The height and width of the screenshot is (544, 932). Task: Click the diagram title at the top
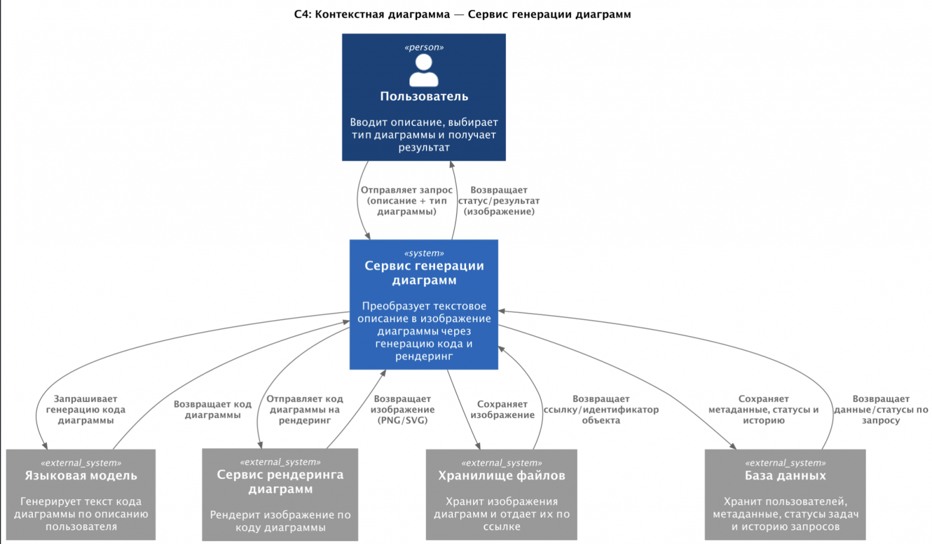click(x=462, y=14)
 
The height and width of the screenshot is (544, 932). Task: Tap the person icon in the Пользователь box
click(x=424, y=70)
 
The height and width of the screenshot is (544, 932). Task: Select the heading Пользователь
click(x=424, y=96)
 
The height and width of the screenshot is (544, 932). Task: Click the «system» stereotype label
click(x=424, y=253)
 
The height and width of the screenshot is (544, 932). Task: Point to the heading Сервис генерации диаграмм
click(x=424, y=273)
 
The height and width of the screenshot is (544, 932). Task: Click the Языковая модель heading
click(x=81, y=476)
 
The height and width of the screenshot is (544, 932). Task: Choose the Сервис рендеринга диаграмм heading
click(x=280, y=482)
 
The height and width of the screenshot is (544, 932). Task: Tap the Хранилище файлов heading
click(x=501, y=476)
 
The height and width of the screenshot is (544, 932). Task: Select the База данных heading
click(x=785, y=476)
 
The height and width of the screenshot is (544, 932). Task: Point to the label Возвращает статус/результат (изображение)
click(x=499, y=201)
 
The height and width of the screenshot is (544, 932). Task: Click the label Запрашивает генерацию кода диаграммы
click(x=85, y=410)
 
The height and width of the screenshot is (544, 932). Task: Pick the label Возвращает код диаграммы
click(x=213, y=410)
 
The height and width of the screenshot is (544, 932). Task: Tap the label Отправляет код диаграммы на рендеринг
click(x=305, y=410)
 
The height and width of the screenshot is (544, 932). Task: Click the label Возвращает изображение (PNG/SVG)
click(x=402, y=410)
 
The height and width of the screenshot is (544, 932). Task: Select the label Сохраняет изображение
click(x=502, y=410)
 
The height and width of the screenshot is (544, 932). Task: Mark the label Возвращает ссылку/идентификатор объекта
click(x=601, y=410)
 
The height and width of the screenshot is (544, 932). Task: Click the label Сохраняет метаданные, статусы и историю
click(x=764, y=410)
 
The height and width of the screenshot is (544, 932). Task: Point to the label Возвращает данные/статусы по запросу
click(x=881, y=410)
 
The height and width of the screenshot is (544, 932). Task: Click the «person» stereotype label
click(x=424, y=47)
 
